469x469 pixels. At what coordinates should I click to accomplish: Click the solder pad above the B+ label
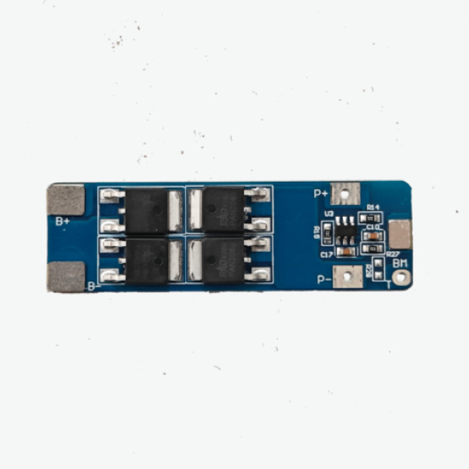[66, 200]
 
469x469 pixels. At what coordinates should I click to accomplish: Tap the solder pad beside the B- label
[66, 277]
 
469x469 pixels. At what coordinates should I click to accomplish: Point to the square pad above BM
[400, 234]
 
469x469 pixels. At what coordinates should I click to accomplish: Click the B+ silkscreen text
[63, 221]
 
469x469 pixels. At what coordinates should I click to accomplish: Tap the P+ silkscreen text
[321, 193]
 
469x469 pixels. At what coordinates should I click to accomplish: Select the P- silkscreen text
[324, 279]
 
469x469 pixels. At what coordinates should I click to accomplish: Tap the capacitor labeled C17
[346, 252]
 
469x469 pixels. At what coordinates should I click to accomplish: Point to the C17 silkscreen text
[327, 254]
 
